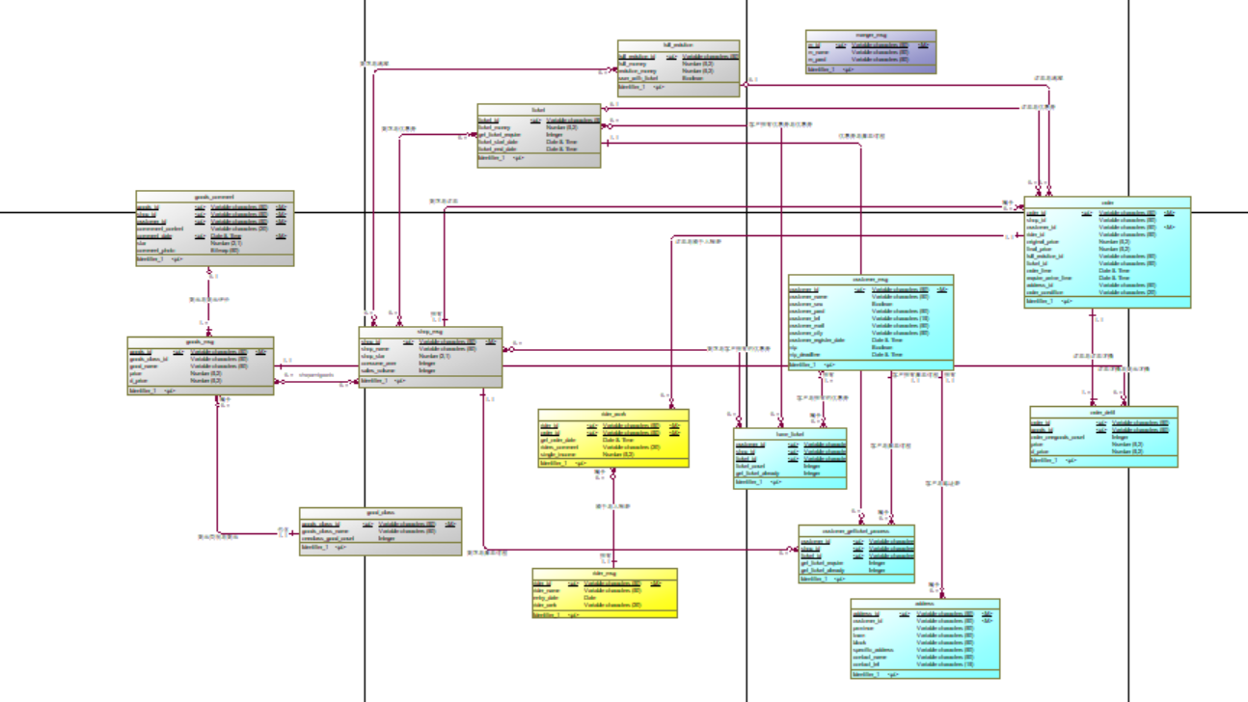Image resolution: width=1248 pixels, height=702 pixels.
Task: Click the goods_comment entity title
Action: (214, 197)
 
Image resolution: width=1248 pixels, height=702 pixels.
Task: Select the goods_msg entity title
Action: (200, 341)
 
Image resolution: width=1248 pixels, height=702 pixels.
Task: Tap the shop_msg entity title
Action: (430, 332)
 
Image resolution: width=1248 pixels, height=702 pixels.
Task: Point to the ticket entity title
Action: (538, 110)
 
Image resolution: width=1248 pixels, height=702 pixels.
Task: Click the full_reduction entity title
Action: (678, 45)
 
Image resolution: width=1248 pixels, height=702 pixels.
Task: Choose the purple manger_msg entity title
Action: (870, 35)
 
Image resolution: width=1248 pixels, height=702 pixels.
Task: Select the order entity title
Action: (1107, 202)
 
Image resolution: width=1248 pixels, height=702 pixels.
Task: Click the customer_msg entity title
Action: (870, 280)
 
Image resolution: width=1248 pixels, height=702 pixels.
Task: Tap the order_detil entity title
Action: (1103, 412)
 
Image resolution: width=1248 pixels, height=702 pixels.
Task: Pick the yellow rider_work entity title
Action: (613, 415)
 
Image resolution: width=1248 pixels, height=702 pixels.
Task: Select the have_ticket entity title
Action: (790, 435)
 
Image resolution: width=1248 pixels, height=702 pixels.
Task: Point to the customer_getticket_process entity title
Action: (856, 530)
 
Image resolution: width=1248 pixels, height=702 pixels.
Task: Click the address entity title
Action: (925, 604)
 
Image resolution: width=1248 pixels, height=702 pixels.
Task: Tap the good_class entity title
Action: (380, 514)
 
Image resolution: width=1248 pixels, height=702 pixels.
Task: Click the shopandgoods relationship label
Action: (316, 375)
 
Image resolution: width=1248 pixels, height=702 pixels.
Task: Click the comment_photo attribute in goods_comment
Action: (159, 251)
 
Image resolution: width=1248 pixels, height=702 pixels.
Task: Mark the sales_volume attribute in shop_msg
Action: (380, 370)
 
